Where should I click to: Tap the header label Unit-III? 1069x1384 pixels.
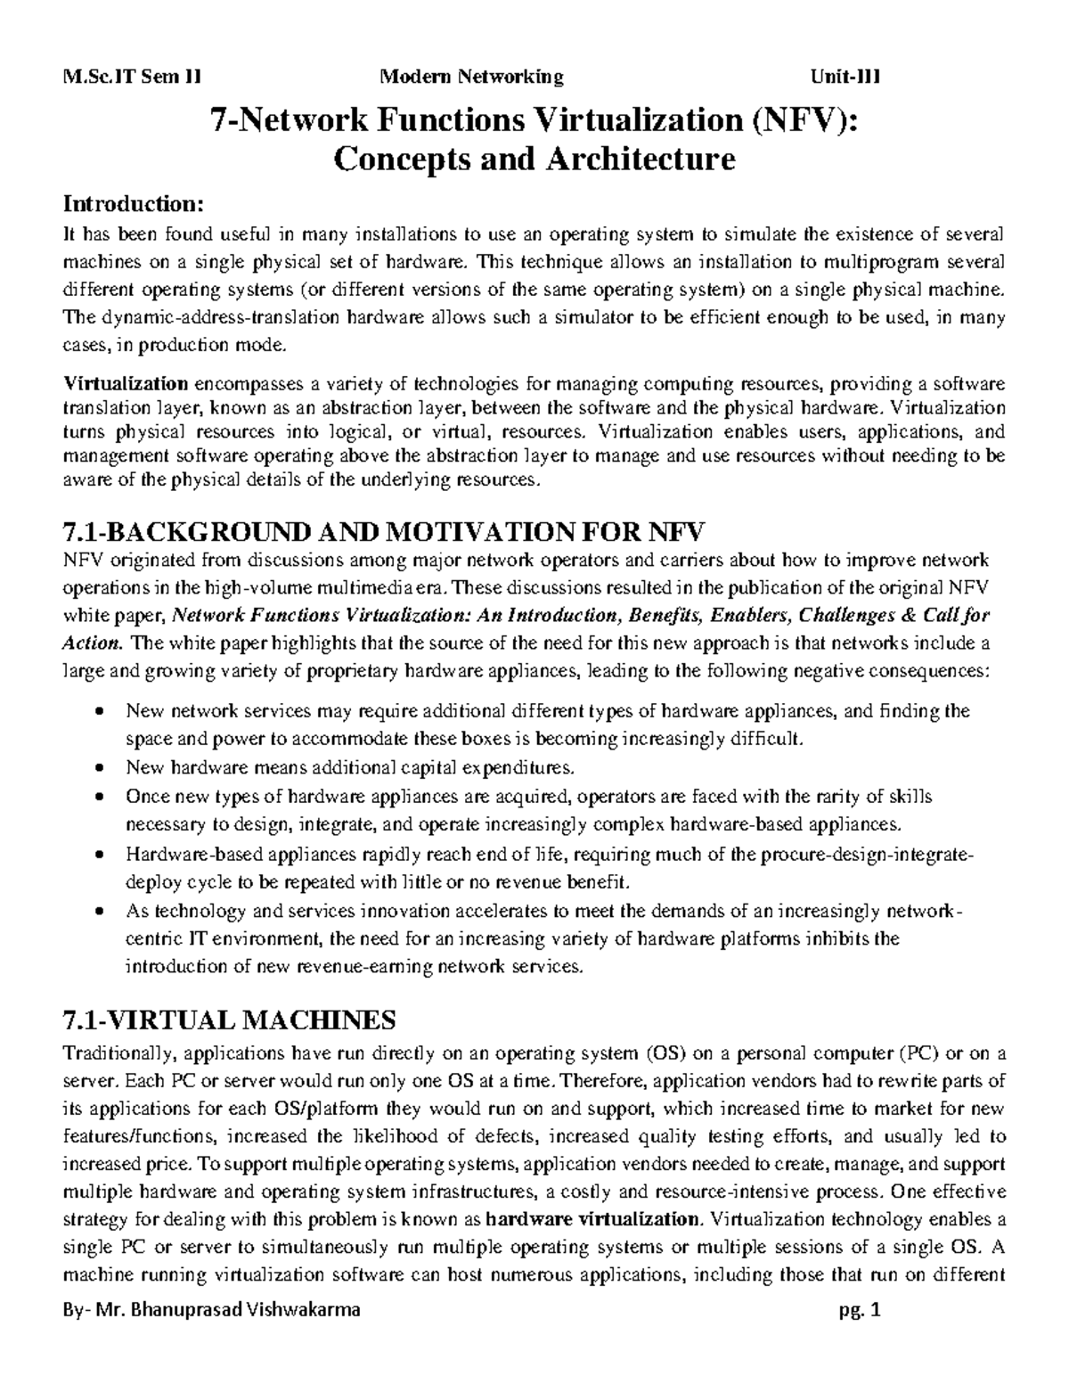point(845,77)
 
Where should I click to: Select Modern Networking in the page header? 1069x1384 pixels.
point(472,77)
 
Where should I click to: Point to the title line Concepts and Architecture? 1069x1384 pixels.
point(534,160)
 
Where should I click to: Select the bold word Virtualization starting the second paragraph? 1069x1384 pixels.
point(125,384)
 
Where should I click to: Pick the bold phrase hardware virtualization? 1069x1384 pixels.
point(595,1218)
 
